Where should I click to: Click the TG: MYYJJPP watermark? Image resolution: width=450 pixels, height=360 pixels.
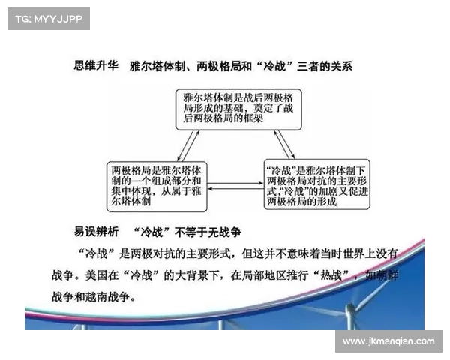click(x=49, y=19)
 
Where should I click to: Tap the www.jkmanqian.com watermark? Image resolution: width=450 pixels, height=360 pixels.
click(x=388, y=341)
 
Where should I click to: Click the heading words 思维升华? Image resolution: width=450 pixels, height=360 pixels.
click(x=96, y=65)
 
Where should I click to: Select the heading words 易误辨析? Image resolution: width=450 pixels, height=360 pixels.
click(x=96, y=232)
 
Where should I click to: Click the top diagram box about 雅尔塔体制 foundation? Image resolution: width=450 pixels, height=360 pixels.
click(x=238, y=109)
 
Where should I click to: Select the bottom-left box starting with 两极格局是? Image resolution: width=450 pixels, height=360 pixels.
click(x=157, y=187)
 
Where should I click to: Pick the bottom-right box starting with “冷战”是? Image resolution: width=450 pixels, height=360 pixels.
click(x=316, y=184)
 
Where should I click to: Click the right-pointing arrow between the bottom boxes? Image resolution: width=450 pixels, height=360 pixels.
click(x=235, y=183)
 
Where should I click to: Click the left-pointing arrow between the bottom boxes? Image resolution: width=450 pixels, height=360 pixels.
click(x=235, y=189)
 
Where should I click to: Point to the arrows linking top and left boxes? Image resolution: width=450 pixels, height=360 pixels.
click(x=188, y=145)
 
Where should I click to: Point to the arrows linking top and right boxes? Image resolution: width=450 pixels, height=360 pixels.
click(x=284, y=145)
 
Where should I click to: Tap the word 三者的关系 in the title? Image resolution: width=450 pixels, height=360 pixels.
click(x=325, y=66)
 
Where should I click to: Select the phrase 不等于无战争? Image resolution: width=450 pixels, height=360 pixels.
click(x=208, y=232)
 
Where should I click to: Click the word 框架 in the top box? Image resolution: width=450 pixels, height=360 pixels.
click(x=253, y=118)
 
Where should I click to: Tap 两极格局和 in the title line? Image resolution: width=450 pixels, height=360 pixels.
click(x=223, y=66)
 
